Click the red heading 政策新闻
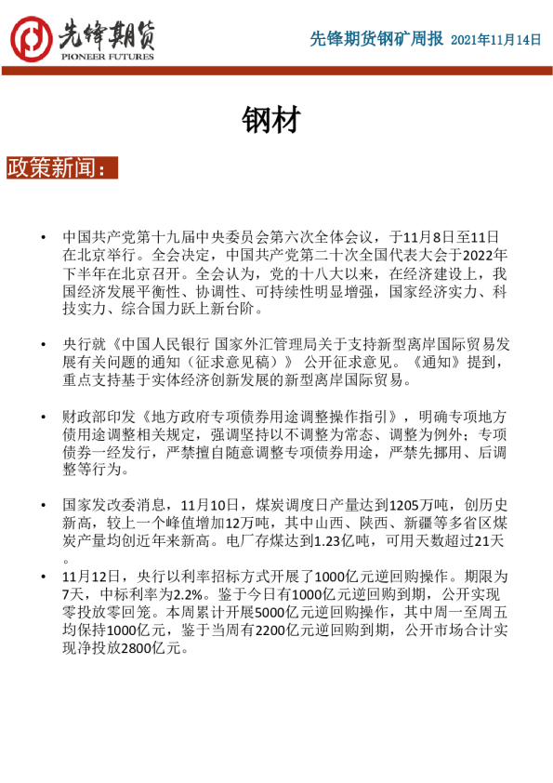pyautogui.click(x=61, y=167)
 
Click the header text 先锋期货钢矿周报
pyautogui.click(x=376, y=39)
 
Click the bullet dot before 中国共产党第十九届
pyautogui.click(x=42, y=239)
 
